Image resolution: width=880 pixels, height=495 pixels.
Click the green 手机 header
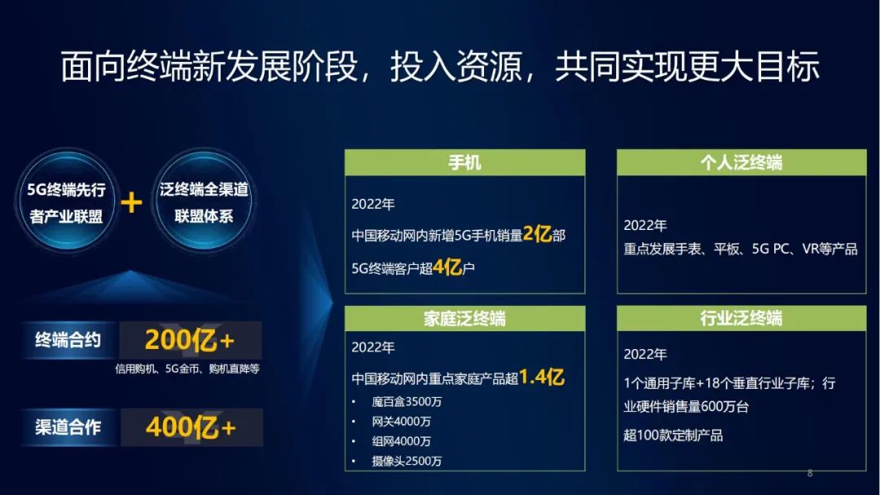(464, 162)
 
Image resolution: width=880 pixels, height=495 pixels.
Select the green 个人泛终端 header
(741, 162)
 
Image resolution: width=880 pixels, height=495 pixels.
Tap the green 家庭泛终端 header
(464, 319)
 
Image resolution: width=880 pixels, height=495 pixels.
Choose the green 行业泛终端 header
(741, 319)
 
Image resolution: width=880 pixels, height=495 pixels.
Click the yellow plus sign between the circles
(131, 203)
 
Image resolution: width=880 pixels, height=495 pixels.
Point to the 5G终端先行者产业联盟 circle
(67, 201)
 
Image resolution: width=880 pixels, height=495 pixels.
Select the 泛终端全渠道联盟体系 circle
(204, 201)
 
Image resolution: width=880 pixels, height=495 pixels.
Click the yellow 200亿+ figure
(189, 341)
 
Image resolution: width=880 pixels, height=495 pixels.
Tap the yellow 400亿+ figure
(191, 427)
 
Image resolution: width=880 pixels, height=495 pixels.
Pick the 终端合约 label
(68, 340)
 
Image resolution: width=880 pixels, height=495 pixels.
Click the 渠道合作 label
(68, 427)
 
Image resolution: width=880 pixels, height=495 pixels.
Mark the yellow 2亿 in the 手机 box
(537, 233)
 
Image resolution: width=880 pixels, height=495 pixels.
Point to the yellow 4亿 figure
(447, 267)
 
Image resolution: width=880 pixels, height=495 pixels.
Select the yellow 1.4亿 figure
(542, 377)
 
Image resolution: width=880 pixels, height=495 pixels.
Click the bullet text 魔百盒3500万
(407, 402)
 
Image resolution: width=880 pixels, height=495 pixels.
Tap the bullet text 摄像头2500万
(407, 462)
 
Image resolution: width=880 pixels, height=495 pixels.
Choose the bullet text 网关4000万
(401, 422)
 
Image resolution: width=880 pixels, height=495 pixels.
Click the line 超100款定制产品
(673, 435)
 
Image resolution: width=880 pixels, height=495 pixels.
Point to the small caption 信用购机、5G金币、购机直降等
(187, 369)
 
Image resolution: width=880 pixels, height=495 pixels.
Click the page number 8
(809, 473)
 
